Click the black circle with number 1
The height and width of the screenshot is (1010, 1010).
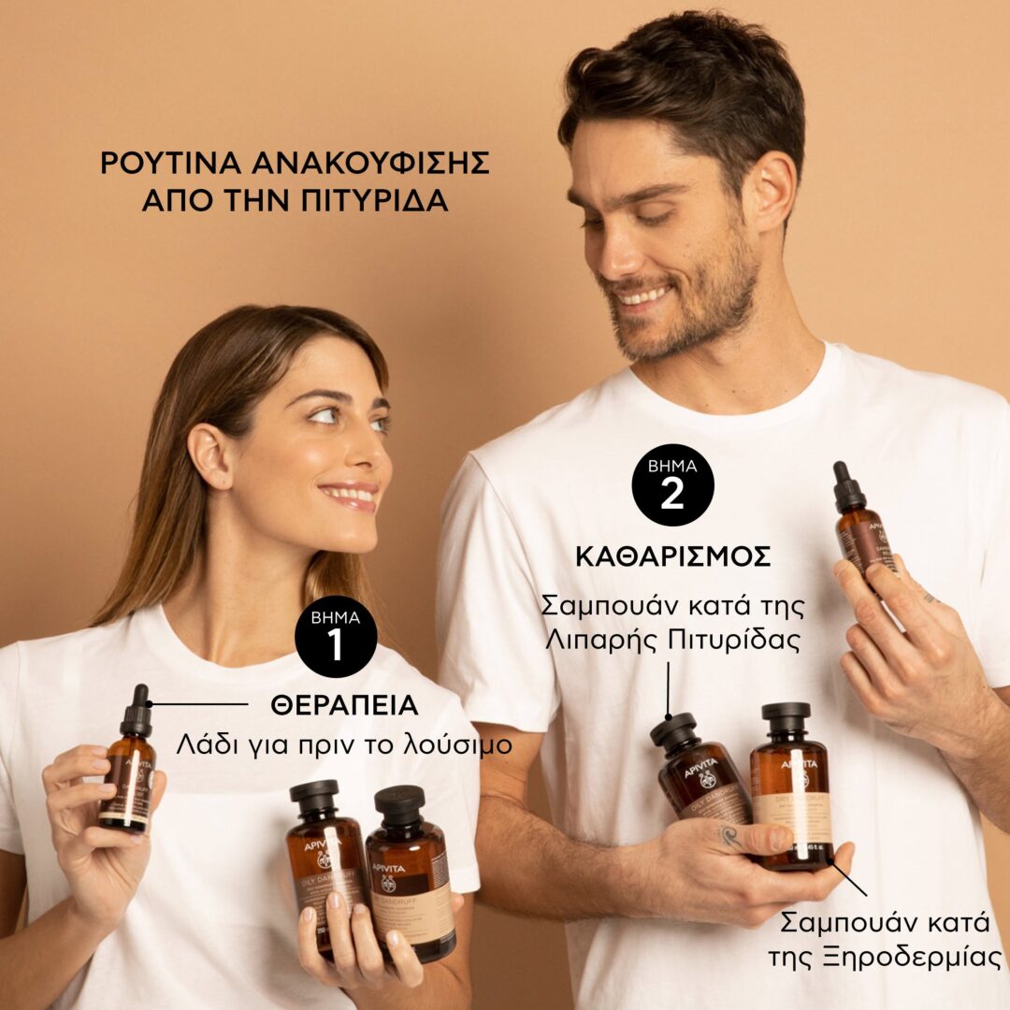tap(336, 637)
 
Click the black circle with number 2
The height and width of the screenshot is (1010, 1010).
tap(672, 484)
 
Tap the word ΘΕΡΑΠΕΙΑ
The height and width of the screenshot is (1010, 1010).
tap(344, 705)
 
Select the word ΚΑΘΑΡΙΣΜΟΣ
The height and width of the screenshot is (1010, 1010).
tap(672, 556)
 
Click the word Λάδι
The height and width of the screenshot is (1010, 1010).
tap(203, 745)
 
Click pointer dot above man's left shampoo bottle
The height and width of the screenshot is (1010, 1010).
tap(668, 715)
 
